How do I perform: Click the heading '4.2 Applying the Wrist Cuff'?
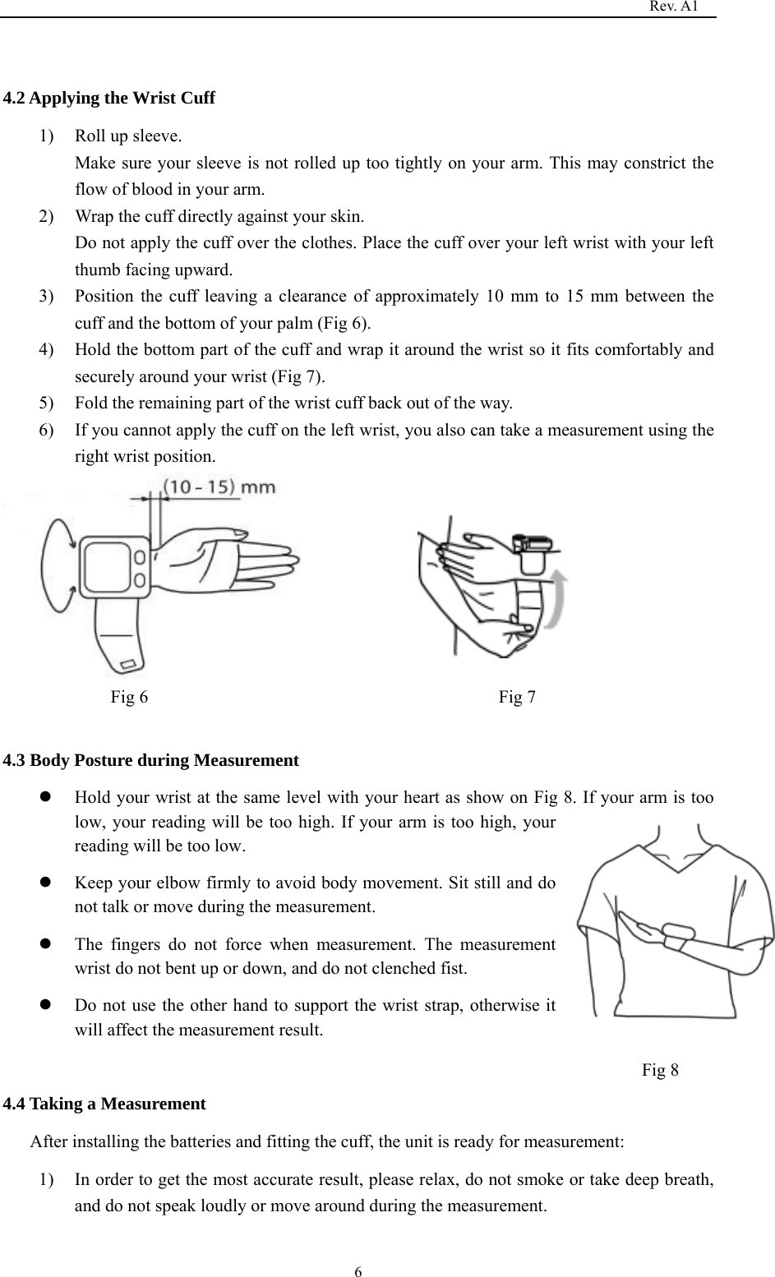coord(109,99)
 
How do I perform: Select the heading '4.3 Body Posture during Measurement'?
coord(151,760)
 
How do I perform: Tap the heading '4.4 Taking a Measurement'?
coord(104,1104)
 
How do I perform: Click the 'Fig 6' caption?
coord(130,698)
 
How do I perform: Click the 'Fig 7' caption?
coord(518,698)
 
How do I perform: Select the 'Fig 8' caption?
coord(660,1070)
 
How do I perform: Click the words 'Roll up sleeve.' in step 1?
coord(128,136)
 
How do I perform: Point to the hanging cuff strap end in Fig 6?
coord(122,645)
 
